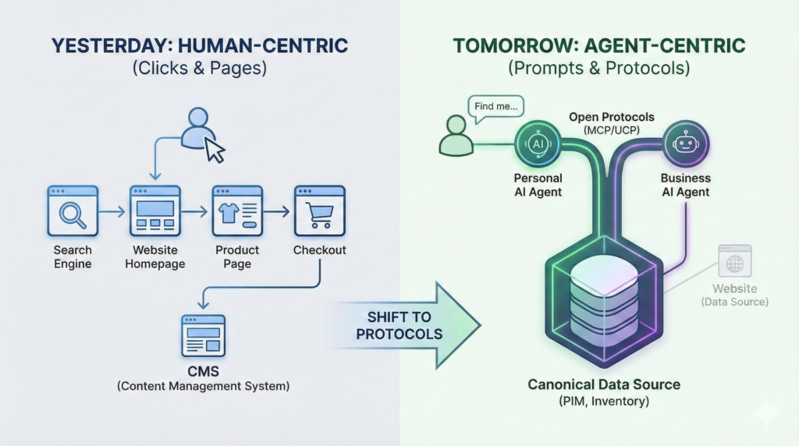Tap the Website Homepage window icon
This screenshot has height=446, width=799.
(x=155, y=211)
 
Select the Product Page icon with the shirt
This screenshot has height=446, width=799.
(x=237, y=211)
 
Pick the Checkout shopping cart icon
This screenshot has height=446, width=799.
(x=319, y=211)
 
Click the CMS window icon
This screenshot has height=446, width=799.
(x=202, y=335)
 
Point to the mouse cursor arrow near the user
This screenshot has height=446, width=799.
(x=214, y=150)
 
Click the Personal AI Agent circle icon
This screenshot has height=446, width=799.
(x=538, y=143)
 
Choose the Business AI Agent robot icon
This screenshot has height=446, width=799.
(x=686, y=143)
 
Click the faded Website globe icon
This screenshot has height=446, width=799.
(x=734, y=264)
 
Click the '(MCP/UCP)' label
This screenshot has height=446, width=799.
(x=611, y=130)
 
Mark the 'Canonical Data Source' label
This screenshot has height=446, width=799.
(x=604, y=384)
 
